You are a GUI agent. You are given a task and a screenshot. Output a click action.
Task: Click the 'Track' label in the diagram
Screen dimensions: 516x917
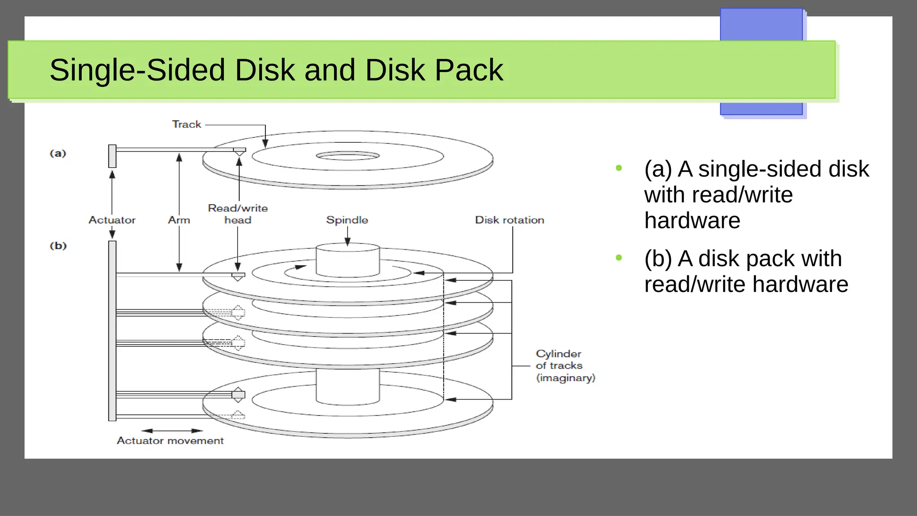pos(187,125)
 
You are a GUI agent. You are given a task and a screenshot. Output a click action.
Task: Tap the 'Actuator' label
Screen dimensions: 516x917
pos(112,220)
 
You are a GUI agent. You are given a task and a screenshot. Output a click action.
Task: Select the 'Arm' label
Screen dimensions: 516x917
pos(179,220)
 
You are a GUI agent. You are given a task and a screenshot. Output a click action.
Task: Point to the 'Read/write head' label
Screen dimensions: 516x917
pos(238,214)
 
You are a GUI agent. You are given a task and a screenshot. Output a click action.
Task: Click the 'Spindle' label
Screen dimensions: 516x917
pos(347,220)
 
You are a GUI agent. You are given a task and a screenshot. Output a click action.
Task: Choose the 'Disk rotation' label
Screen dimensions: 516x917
pos(510,220)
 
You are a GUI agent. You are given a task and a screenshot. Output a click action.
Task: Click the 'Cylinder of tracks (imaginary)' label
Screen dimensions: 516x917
pos(565,366)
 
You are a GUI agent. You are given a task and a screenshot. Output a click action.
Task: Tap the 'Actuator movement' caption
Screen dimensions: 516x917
pos(170,441)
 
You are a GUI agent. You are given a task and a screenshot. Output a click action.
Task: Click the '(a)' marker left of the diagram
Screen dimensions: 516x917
pos(58,154)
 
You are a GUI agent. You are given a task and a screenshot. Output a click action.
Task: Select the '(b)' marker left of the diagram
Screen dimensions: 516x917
pos(58,246)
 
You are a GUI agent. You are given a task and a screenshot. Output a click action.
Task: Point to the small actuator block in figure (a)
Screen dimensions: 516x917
pos(112,156)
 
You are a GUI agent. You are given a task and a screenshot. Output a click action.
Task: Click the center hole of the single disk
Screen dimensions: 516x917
pos(348,156)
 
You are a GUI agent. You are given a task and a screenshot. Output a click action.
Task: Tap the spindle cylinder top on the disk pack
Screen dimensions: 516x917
pos(348,247)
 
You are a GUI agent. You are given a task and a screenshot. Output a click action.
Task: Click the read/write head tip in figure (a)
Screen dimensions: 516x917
pos(240,154)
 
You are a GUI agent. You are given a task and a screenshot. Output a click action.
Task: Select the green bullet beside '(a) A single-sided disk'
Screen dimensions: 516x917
pos(619,168)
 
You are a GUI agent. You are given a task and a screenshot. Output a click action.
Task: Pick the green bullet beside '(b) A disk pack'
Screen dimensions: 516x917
pos(619,258)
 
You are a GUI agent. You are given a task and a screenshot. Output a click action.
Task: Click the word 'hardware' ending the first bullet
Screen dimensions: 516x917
pos(692,220)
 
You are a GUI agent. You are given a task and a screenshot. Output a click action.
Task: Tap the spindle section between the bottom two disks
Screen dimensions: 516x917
pos(348,385)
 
